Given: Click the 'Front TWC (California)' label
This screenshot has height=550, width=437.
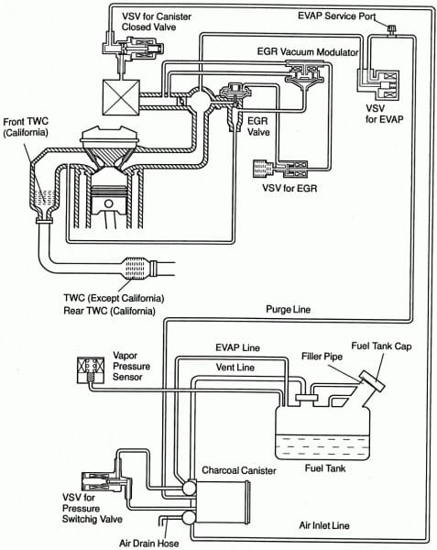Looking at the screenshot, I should pyautogui.click(x=26, y=126).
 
